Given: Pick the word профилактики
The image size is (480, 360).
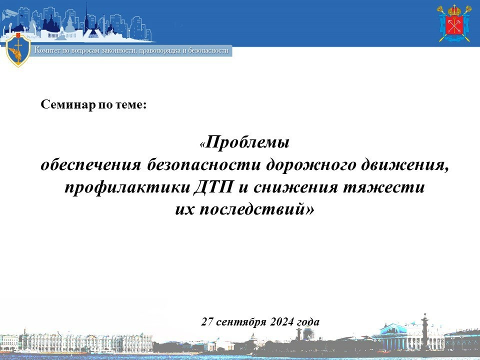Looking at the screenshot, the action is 127,187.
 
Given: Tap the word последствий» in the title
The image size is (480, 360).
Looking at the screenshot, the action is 257,209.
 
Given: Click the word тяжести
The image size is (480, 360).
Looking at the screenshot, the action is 383,187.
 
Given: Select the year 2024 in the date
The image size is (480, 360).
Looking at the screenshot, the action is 282,321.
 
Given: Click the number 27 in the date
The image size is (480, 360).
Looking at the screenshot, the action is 207,321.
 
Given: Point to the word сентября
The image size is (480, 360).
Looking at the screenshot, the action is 241,322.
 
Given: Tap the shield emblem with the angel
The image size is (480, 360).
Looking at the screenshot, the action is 18,49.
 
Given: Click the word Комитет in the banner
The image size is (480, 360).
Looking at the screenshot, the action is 47,50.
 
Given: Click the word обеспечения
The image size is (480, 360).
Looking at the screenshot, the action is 91,165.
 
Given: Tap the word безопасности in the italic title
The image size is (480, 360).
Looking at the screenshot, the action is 203,165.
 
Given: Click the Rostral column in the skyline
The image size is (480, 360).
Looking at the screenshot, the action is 424,331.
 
